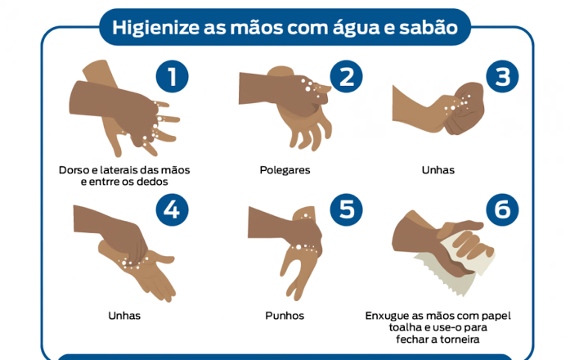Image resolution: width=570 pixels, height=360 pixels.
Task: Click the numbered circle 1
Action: click(x=172, y=76)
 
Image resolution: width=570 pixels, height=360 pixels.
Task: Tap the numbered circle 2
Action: click(x=346, y=76)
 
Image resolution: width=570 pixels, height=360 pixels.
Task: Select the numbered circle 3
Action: click(x=502, y=76)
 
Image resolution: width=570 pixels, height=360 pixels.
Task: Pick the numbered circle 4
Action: click(x=172, y=209)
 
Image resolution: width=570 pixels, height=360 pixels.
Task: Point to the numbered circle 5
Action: click(x=346, y=209)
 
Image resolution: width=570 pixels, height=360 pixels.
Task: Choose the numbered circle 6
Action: click(x=502, y=209)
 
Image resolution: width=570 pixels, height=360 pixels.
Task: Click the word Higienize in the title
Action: click(x=156, y=28)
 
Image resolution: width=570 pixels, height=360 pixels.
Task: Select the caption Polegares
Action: click(x=285, y=170)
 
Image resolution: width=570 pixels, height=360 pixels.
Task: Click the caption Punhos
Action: click(x=285, y=315)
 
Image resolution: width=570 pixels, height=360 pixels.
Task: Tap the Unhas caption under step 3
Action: click(x=438, y=170)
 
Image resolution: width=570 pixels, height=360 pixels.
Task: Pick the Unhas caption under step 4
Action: click(x=124, y=315)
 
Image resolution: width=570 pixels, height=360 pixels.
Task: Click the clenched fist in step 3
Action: click(x=465, y=108)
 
